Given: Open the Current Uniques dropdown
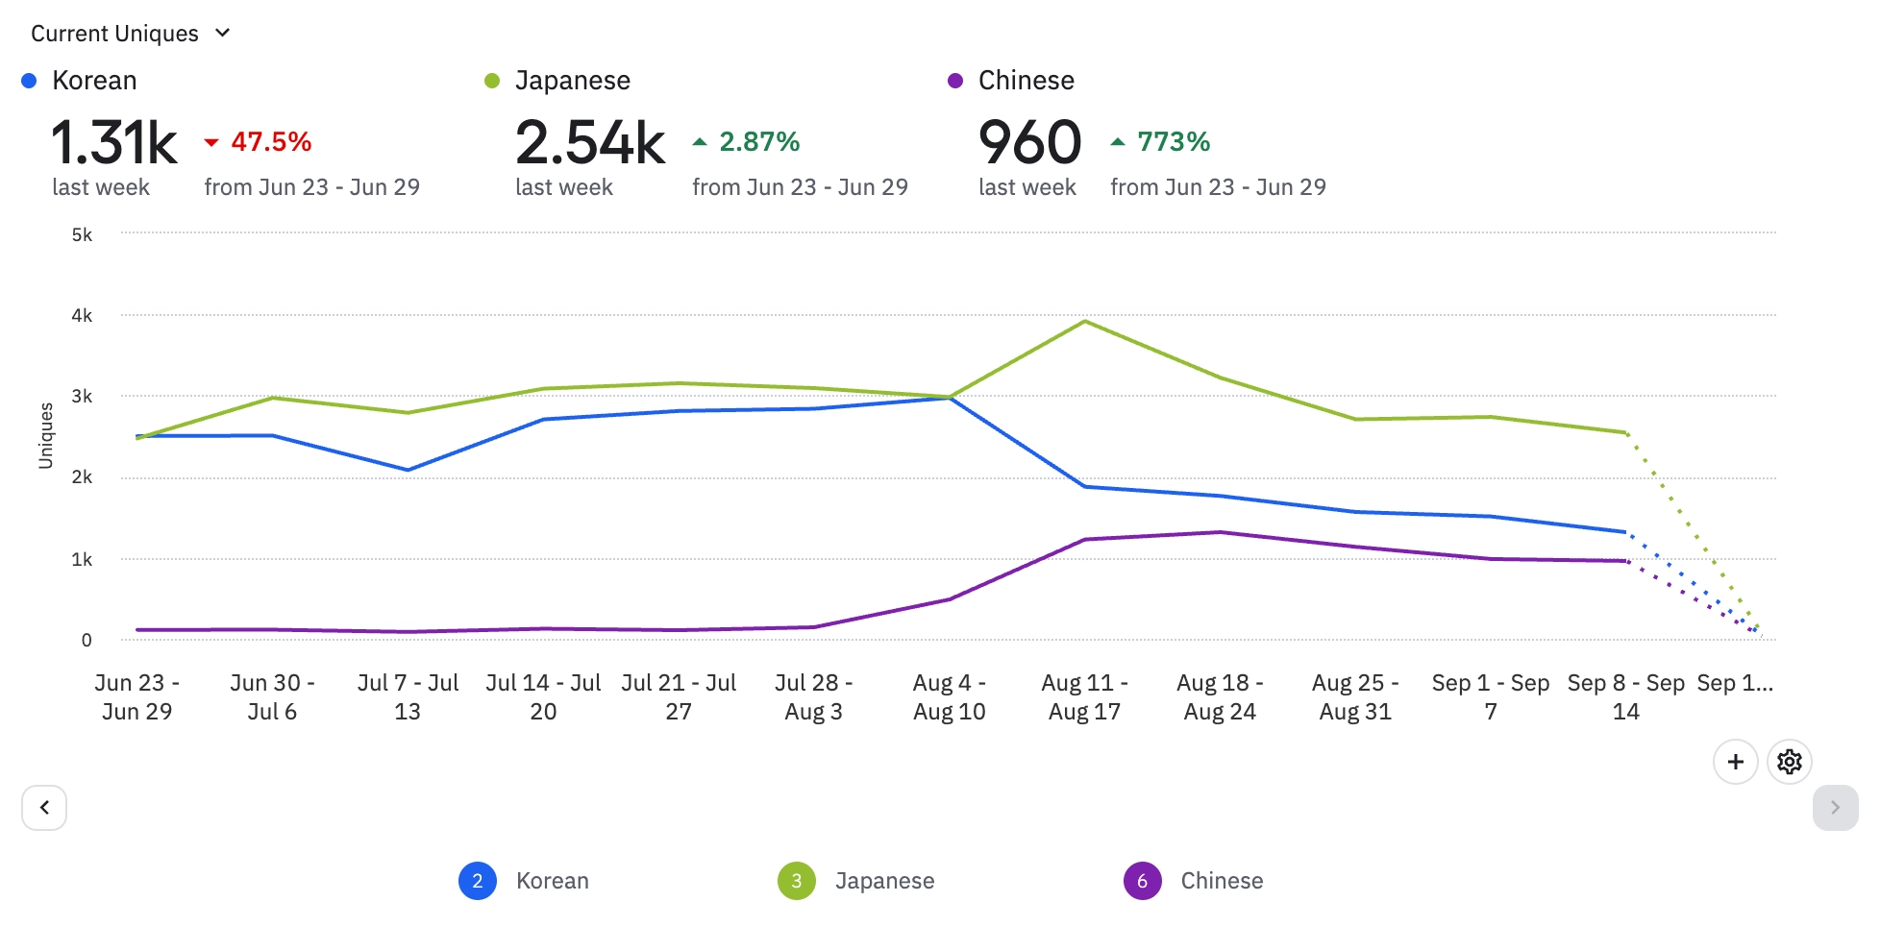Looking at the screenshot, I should click(x=130, y=34).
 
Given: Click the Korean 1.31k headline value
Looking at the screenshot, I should click(x=113, y=142).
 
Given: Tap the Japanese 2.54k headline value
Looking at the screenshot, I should click(x=589, y=142).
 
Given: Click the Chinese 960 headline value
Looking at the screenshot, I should click(x=1029, y=142).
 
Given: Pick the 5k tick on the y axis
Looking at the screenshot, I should click(x=83, y=234).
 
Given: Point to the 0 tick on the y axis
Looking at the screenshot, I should click(x=87, y=640).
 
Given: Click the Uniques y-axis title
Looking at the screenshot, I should click(x=45, y=435).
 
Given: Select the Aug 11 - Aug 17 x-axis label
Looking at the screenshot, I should click(x=1084, y=696).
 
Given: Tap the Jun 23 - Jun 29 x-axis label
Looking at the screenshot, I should click(x=136, y=696).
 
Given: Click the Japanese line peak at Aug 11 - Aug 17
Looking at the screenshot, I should click(x=1085, y=321).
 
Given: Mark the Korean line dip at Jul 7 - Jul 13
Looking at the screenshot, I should click(x=408, y=470).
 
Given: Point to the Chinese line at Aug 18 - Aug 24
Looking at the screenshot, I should click(x=1220, y=532).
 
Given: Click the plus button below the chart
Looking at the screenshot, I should click(x=1735, y=762).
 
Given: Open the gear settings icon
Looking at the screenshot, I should click(x=1789, y=762).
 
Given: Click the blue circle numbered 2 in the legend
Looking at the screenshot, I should click(x=478, y=881).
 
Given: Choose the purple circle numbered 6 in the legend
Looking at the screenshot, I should click(x=1142, y=881).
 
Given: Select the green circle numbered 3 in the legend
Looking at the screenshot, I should click(x=797, y=881).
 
